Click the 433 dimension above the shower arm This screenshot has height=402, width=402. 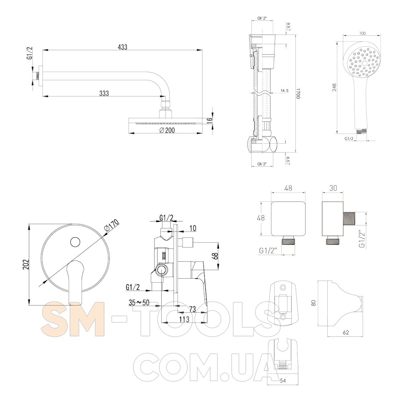pyautogui.click(x=122, y=47)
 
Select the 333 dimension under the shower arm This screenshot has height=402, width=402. pyautogui.click(x=104, y=93)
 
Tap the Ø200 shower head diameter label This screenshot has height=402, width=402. pyautogui.click(x=167, y=130)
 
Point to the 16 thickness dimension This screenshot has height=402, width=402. pyautogui.click(x=210, y=119)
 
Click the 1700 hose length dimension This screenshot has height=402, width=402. pyautogui.click(x=298, y=94)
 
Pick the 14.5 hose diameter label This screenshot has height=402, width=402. pyautogui.click(x=284, y=90)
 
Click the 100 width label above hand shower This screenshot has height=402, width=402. pyautogui.click(x=363, y=33)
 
